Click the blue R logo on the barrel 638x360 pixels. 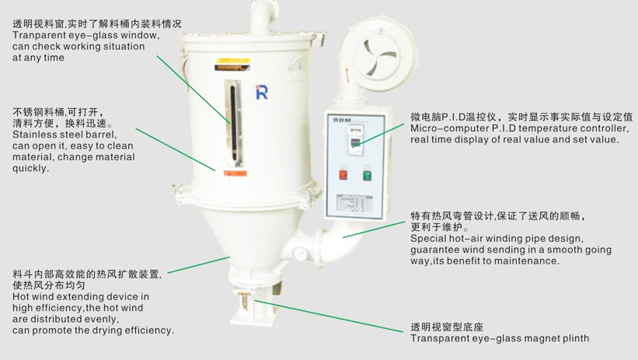tap(261, 93)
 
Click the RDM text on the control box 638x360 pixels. tap(342, 121)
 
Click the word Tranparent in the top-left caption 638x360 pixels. tap(33, 36)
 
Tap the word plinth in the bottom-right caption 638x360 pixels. tap(574, 338)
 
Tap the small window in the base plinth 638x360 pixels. tap(243, 299)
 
